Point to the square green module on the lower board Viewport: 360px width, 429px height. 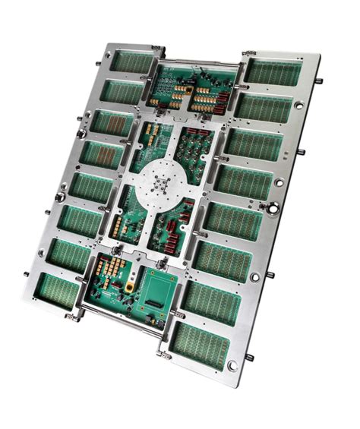(162, 290)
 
